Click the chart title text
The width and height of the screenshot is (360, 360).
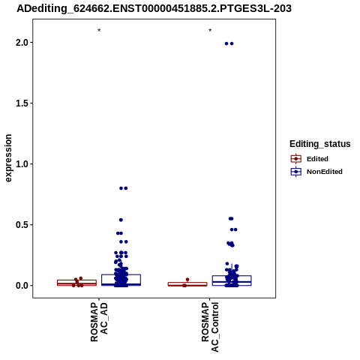[154, 9]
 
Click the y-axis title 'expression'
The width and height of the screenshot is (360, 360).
[8, 158]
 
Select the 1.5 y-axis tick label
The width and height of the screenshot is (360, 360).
[22, 103]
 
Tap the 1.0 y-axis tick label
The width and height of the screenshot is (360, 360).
[22, 164]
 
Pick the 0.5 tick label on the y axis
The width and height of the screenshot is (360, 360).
[22, 225]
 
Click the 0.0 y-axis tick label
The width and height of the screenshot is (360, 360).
[22, 286]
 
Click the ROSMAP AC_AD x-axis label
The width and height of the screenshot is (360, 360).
[99, 322]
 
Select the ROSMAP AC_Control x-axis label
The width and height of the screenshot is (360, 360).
[210, 327]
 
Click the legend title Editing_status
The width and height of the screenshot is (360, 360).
[320, 144]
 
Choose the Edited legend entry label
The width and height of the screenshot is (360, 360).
[317, 159]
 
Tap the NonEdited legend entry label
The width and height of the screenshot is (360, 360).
[325, 172]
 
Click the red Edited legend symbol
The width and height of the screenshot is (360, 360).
[296, 159]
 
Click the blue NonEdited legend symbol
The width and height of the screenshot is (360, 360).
[296, 172]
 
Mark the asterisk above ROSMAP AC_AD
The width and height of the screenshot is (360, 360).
[99, 31]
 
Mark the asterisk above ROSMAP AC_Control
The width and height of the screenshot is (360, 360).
[210, 31]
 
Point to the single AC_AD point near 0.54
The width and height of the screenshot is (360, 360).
[121, 220]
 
